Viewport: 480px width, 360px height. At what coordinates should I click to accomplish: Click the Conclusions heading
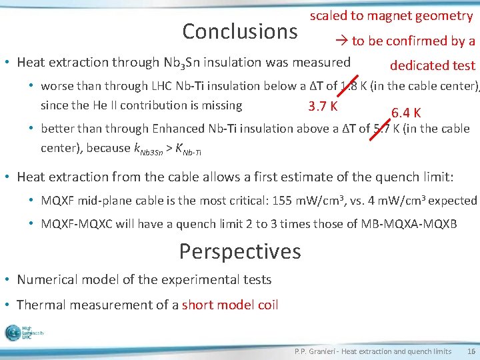pos(239,31)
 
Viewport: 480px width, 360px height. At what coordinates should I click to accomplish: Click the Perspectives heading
pos(240,251)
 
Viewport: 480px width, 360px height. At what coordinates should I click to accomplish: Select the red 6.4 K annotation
pos(405,113)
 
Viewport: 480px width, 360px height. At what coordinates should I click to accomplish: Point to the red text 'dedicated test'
pos(433,65)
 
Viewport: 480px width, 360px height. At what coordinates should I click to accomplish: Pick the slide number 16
pos(471,351)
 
